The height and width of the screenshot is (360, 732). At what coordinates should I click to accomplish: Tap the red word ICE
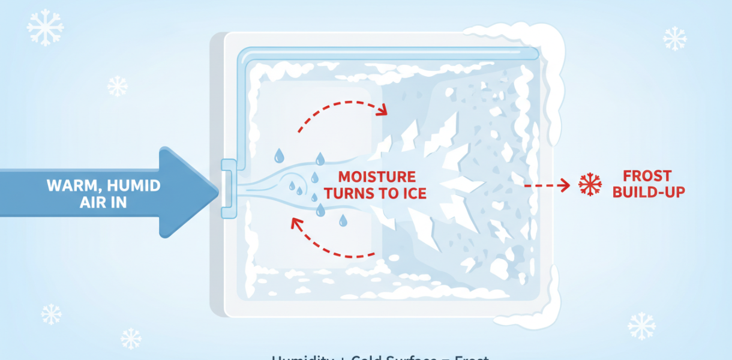click(x=414, y=193)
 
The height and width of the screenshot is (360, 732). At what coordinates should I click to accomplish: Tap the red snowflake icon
click(x=590, y=185)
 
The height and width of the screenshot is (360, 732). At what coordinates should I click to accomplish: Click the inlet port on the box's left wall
click(x=229, y=188)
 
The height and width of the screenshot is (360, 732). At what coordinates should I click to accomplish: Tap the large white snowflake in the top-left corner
click(x=46, y=28)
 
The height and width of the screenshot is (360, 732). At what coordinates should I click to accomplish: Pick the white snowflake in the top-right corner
click(x=674, y=38)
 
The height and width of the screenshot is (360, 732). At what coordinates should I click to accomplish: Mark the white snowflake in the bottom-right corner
click(x=641, y=325)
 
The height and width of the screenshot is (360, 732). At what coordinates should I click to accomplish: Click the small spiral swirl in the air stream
click(x=290, y=185)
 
